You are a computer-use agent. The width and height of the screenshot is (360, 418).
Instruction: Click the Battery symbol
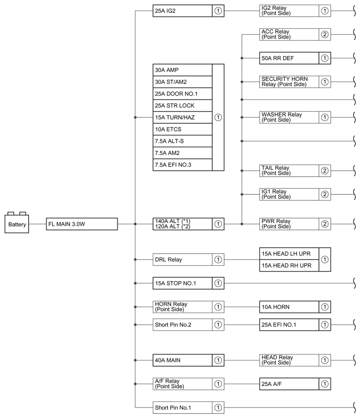[x=17, y=224]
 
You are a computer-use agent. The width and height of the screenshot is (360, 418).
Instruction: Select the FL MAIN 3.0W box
[x=82, y=224]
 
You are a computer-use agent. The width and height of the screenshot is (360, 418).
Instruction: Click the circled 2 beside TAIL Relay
[x=325, y=171]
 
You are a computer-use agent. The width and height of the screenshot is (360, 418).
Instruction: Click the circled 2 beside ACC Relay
[x=325, y=34]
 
